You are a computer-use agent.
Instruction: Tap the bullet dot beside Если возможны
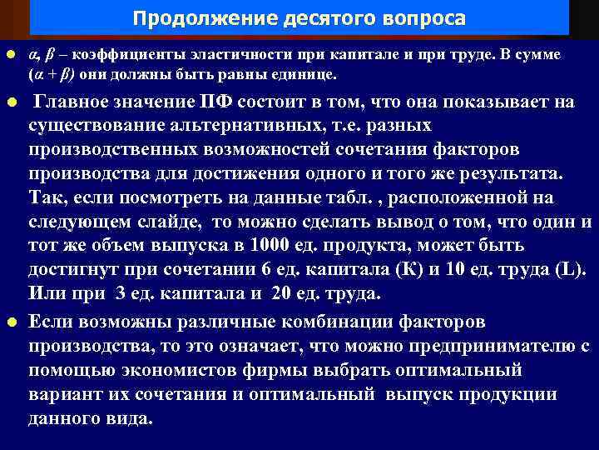click(x=10, y=322)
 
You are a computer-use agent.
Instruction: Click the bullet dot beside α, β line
click(x=10, y=55)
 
